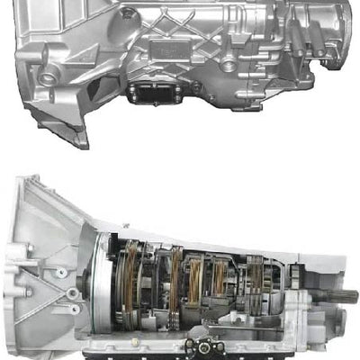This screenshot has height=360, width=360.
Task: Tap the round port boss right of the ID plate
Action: (229, 65)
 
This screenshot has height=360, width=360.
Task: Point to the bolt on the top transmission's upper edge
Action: (129, 13)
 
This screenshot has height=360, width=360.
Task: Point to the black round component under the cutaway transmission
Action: (202, 346)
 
